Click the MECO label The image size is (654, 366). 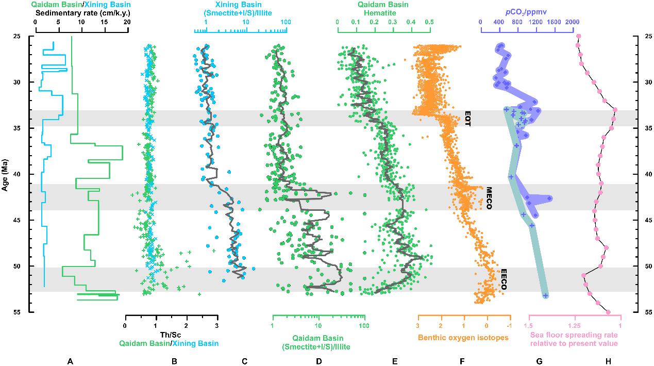coord(489,197)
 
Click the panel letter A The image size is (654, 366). coord(70,347)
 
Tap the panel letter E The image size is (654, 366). coord(395,347)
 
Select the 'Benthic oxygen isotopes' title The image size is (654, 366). coord(463,338)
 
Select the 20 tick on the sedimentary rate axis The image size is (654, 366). coord(127,22)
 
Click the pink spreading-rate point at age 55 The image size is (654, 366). coord(608,312)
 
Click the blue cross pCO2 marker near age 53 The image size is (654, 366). coord(545,295)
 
